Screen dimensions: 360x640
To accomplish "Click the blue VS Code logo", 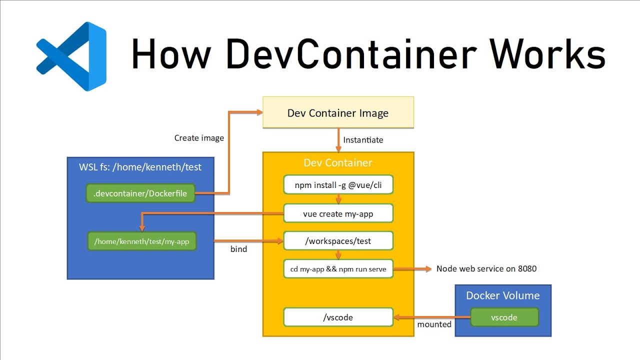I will coord(71,56).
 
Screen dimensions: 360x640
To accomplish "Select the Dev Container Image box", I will coord(338,113).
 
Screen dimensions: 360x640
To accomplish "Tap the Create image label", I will coord(199,137).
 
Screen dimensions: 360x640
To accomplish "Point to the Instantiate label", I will coord(363,140).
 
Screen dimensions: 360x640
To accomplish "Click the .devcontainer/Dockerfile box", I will coord(140,193).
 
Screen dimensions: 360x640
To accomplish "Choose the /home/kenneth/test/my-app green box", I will coord(141,241).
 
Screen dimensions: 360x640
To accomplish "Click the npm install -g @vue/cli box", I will coord(338,184).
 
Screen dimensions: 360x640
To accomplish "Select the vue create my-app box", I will coord(338,213).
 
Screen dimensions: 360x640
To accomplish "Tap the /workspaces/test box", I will coord(338,241).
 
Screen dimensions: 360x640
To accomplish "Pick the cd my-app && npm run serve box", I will coord(338,269).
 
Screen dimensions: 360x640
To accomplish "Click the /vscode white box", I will coord(338,317).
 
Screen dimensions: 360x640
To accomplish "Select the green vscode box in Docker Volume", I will coord(504,317).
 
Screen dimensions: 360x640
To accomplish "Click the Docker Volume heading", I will coord(502,295).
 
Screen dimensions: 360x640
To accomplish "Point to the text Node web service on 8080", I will coord(486,269).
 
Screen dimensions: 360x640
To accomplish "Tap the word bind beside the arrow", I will coord(238,249).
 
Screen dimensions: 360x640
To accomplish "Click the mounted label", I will coord(434,324).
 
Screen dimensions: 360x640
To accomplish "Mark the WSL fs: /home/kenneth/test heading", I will coord(140,167).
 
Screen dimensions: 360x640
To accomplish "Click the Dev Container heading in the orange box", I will coord(338,163).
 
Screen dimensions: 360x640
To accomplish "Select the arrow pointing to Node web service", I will coord(412,269).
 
